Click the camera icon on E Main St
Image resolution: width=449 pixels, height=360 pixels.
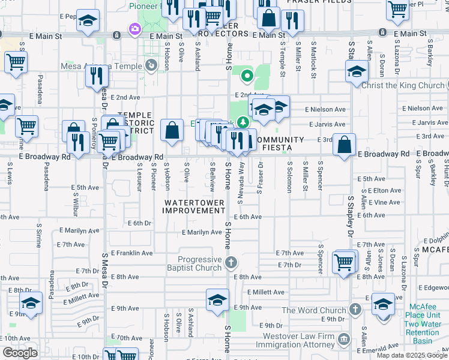pos(135,28)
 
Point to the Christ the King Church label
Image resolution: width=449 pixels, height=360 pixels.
pos(403,86)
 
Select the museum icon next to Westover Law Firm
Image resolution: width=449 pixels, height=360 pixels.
pos(343,340)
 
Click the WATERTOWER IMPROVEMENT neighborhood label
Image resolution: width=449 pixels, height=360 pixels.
pos(194,207)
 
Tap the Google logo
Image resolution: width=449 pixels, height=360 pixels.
pos(20,353)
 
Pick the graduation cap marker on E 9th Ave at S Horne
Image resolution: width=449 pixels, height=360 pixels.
pos(217,299)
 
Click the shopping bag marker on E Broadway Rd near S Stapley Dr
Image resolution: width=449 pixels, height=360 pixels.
pos(345,144)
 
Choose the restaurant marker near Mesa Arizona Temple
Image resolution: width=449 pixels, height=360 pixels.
pos(96,76)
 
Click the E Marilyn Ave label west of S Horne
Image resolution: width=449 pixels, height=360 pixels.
pos(202,232)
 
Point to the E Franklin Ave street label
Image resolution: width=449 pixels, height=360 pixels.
pos(131,253)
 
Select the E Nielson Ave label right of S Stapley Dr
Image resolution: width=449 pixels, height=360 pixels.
pos(424,109)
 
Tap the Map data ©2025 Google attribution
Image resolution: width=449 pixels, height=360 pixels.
pos(412,355)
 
